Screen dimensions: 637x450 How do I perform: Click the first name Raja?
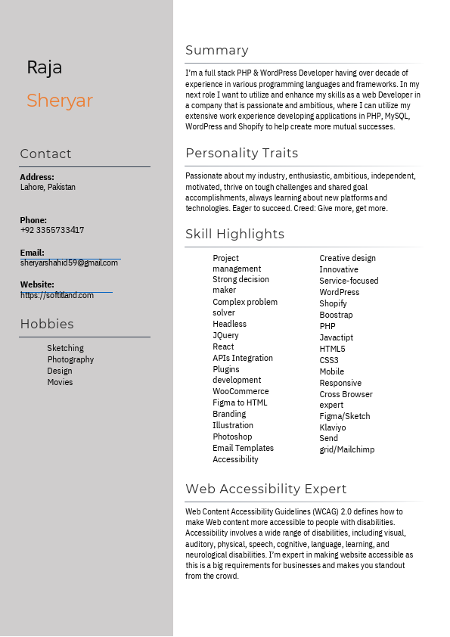[x=45, y=67]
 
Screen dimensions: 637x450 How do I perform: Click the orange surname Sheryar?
[x=60, y=101]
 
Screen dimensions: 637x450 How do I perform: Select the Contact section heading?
[x=45, y=154]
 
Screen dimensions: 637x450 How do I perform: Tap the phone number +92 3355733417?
[x=52, y=230]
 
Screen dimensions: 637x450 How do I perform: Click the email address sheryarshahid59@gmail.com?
[x=69, y=263]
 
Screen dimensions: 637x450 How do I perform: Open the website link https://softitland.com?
[x=57, y=295]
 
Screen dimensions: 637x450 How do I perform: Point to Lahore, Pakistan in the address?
[x=48, y=187]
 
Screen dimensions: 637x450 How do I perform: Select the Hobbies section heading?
[x=47, y=325]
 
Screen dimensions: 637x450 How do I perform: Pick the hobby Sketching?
[x=65, y=348]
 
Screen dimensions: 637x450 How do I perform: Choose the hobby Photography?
[x=70, y=359]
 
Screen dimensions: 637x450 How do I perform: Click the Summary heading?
[x=217, y=51]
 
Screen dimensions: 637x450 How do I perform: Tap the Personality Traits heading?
[x=242, y=153]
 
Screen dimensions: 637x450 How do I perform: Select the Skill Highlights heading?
[x=235, y=235]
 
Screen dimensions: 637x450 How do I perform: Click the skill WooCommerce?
[x=241, y=391]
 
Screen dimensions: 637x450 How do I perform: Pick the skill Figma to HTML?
[x=240, y=402]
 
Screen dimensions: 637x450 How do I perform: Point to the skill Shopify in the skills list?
[x=333, y=303]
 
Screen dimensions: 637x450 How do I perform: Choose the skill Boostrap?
[x=336, y=315]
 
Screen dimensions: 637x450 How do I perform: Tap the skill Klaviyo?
[x=333, y=427]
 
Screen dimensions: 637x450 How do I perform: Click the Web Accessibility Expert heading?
[x=266, y=489]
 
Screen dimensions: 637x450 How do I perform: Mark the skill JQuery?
[x=225, y=335]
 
